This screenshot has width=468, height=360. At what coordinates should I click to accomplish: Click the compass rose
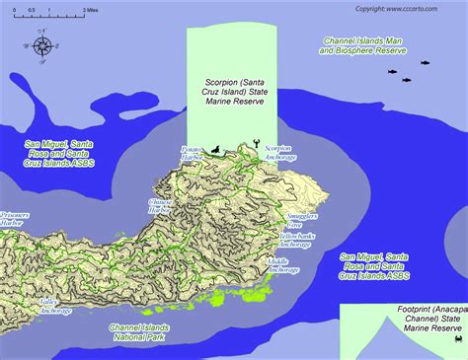(42, 44)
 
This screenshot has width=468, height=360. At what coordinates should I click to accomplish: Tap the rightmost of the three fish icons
(425, 63)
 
